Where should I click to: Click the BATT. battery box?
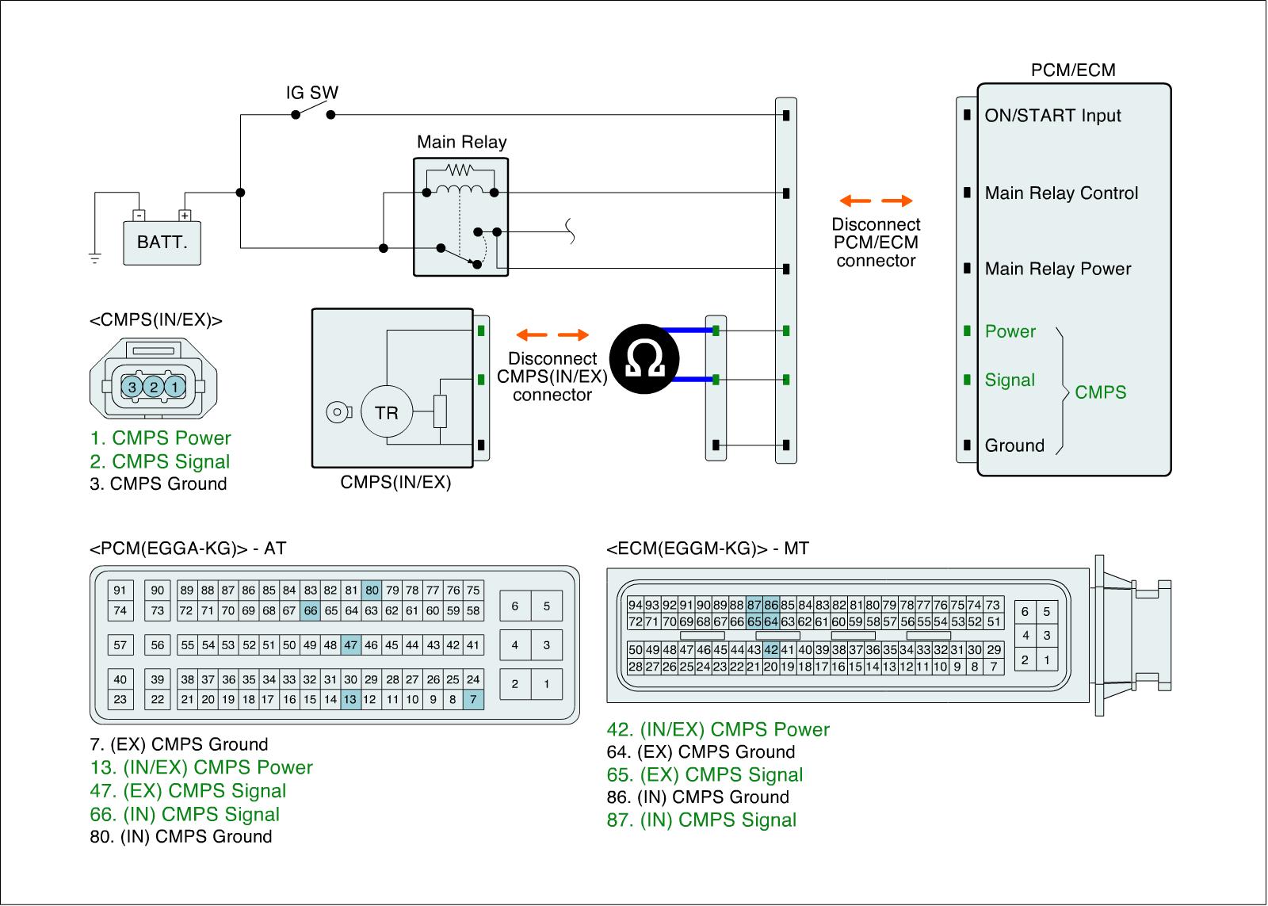click(162, 242)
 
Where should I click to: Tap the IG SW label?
click(311, 93)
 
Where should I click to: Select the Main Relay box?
click(460, 216)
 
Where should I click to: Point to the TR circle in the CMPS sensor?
click(386, 412)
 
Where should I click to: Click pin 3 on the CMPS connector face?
click(132, 387)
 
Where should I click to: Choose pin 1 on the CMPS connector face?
click(176, 387)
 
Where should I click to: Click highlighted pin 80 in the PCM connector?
click(372, 590)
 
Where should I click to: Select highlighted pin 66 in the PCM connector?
click(310, 610)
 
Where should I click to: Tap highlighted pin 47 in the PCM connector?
click(351, 645)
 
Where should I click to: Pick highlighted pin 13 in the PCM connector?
click(351, 699)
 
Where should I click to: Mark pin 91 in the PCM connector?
click(120, 590)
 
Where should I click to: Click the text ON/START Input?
click(1052, 116)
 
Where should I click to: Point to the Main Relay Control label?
click(1061, 193)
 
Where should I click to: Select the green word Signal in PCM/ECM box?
click(1010, 380)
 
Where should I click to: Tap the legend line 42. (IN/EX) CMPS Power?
click(718, 729)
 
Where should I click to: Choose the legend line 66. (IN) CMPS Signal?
click(185, 814)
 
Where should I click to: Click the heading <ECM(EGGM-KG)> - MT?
click(708, 549)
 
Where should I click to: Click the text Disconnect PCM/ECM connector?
click(876, 243)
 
